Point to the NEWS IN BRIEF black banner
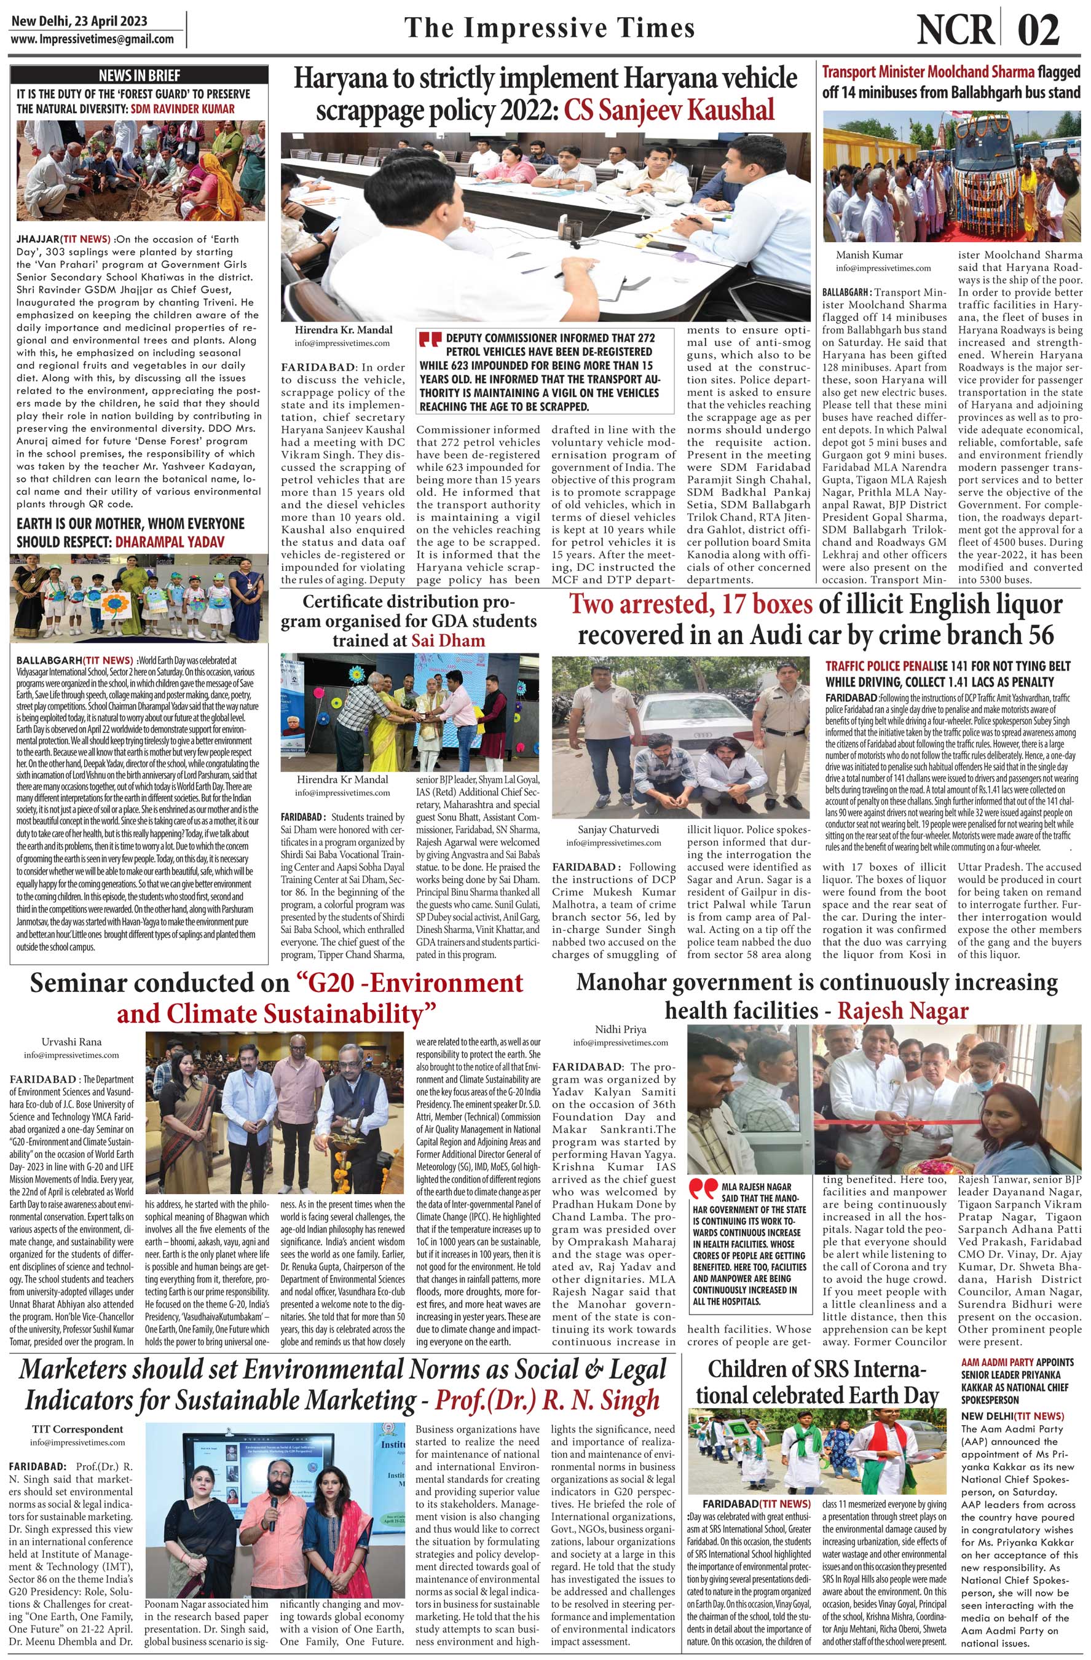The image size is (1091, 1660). (139, 76)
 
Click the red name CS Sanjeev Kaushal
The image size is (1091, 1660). (670, 109)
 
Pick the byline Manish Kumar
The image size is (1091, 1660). (870, 254)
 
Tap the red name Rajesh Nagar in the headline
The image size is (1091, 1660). (903, 1010)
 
